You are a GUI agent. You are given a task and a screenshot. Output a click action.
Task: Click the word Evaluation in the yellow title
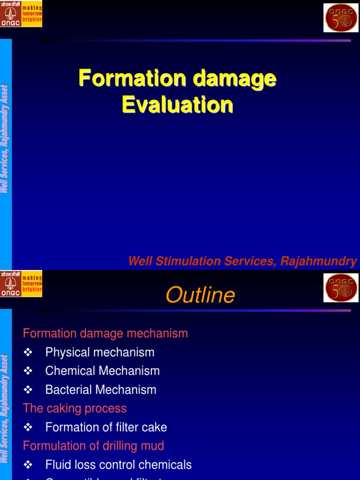pyautogui.click(x=178, y=105)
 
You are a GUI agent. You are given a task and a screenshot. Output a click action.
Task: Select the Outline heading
pyautogui.click(x=200, y=295)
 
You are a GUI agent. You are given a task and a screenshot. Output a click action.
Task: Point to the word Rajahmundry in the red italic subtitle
pyautogui.click(x=319, y=261)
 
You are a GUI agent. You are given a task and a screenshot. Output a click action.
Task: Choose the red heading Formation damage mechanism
pyautogui.click(x=105, y=333)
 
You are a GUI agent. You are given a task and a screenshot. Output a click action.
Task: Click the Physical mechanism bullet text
pyautogui.click(x=100, y=352)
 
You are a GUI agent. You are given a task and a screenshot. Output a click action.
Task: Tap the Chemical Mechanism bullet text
pyautogui.click(x=103, y=371)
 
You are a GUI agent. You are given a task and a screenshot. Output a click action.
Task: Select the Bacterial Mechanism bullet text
pyautogui.click(x=101, y=390)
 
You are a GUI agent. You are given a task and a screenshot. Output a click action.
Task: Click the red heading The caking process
pyautogui.click(x=75, y=408)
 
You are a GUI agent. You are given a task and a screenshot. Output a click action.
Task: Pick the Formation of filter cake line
pyautogui.click(x=106, y=427)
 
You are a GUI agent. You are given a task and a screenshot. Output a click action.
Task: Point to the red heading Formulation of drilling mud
pyautogui.click(x=94, y=445)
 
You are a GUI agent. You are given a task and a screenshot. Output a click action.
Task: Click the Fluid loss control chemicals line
pyautogui.click(x=119, y=465)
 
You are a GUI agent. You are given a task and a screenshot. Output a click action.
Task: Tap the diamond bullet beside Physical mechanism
pyautogui.click(x=28, y=352)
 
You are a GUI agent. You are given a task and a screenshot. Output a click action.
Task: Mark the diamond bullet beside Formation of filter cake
pyautogui.click(x=28, y=427)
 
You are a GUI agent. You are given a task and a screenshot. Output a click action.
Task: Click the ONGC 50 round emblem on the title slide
pyautogui.click(x=341, y=18)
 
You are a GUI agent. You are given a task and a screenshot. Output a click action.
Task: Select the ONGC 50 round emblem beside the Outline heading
pyautogui.click(x=341, y=288)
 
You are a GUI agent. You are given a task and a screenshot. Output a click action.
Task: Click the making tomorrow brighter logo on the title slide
pyautogui.click(x=21, y=14)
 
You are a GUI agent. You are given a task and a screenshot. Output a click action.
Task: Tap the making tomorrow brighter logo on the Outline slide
pyautogui.click(x=21, y=284)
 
